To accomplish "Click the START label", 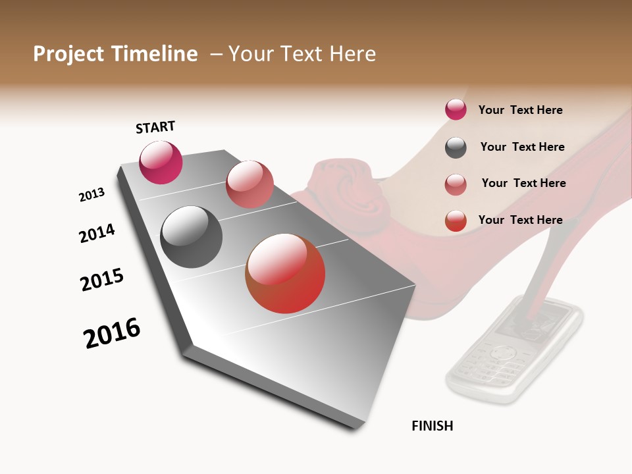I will [155, 127].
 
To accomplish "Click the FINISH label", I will [433, 426].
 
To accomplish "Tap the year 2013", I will [92, 195].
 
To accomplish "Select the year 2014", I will [97, 234].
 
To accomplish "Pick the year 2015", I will [102, 280].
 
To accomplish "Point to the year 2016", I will [112, 333].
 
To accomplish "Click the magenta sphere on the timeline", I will [161, 162].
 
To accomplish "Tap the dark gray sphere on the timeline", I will [191, 237].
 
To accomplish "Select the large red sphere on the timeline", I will [285, 273].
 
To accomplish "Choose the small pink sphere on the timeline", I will [250, 184].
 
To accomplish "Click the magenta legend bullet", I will [456, 110].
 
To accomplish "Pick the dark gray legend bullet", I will [456, 147].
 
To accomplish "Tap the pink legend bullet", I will [456, 184].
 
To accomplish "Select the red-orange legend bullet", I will [456, 221].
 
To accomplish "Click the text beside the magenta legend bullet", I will [520, 110].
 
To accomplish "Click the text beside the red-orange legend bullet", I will [520, 220].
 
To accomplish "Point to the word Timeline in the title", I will [155, 54].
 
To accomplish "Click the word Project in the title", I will [69, 54].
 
